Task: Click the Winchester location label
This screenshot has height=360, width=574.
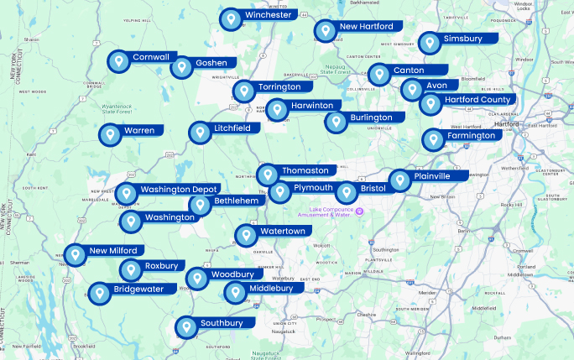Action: pyautogui.click(x=269, y=15)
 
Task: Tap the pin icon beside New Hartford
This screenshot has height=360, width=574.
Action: pyautogui.click(x=325, y=31)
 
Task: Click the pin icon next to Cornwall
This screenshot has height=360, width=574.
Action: pyautogui.click(x=119, y=61)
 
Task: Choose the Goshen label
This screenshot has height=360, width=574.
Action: pyautogui.click(x=211, y=63)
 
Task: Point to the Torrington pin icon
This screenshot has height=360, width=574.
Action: pyautogui.click(x=243, y=91)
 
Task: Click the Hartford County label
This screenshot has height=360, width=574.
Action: pyautogui.click(x=478, y=100)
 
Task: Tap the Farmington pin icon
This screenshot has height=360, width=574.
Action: pyautogui.click(x=433, y=140)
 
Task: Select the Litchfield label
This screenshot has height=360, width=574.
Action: pyautogui.click(x=232, y=128)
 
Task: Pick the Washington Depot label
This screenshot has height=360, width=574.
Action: pyautogui.click(x=179, y=190)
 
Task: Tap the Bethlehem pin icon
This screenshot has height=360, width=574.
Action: pyautogui.click(x=200, y=206)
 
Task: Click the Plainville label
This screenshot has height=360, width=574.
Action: pyautogui.click(x=431, y=176)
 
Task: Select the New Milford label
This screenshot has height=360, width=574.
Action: pyautogui.click(x=112, y=251)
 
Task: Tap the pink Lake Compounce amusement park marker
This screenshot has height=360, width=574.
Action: pyautogui.click(x=360, y=210)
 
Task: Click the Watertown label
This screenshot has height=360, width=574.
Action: pyautogui.click(x=282, y=231)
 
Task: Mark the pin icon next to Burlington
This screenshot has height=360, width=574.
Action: pyautogui.click(x=337, y=122)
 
